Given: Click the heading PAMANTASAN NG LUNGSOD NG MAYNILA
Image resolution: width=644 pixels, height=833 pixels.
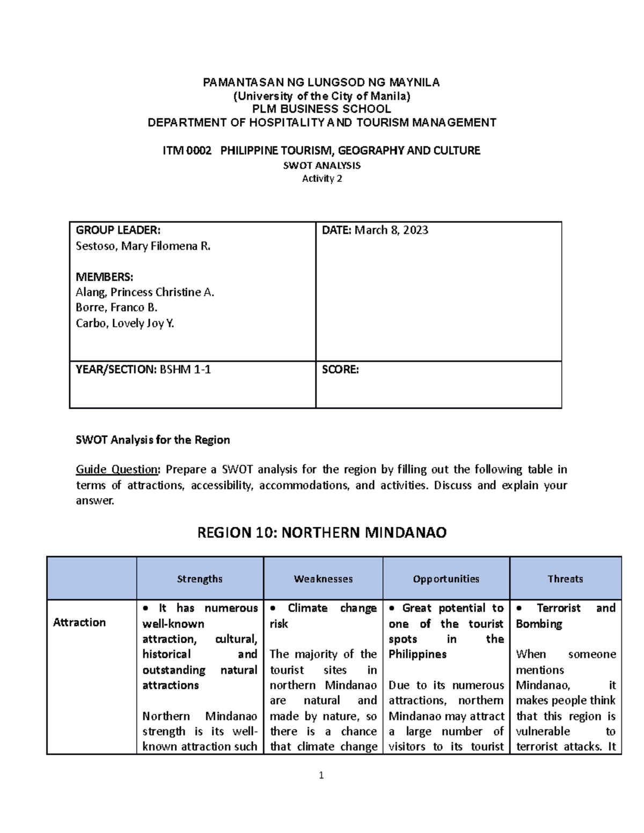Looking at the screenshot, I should pyautogui.click(x=321, y=83).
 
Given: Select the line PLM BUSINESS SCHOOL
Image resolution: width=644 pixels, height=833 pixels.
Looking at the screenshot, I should pyautogui.click(x=321, y=109).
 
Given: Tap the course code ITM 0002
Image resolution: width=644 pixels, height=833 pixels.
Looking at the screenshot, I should pyautogui.click(x=184, y=151).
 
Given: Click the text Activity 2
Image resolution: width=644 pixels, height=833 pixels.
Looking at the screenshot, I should pyautogui.click(x=321, y=179).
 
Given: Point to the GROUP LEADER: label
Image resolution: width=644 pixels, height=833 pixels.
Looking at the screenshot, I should pyautogui.click(x=118, y=231).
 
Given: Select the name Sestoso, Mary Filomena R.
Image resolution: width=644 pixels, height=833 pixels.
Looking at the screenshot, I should pyautogui.click(x=143, y=247).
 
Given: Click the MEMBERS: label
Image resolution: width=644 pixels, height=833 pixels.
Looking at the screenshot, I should pyautogui.click(x=105, y=277).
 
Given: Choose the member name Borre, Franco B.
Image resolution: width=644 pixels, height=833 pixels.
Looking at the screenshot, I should pyautogui.click(x=116, y=307).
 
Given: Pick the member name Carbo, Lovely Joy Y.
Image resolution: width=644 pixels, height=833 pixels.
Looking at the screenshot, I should pyautogui.click(x=125, y=323).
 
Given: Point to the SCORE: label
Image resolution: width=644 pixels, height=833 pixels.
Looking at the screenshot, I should pyautogui.click(x=340, y=370).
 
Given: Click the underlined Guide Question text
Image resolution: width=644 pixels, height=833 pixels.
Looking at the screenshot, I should pyautogui.click(x=117, y=470).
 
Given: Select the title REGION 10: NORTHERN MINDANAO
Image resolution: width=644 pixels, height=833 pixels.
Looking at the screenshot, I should pyautogui.click(x=322, y=533).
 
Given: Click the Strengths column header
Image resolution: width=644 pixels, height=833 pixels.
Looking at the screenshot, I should pyautogui.click(x=200, y=579).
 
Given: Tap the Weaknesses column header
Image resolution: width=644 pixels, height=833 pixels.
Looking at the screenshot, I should pyautogui.click(x=323, y=579).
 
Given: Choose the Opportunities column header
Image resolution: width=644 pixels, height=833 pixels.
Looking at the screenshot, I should pyautogui.click(x=446, y=579).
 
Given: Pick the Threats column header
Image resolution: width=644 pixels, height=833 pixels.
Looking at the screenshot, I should pyautogui.click(x=565, y=579).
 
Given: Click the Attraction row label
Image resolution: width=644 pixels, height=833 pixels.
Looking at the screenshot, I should pyautogui.click(x=79, y=623).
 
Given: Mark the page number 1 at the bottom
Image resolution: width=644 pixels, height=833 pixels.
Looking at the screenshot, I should pyautogui.click(x=321, y=775).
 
